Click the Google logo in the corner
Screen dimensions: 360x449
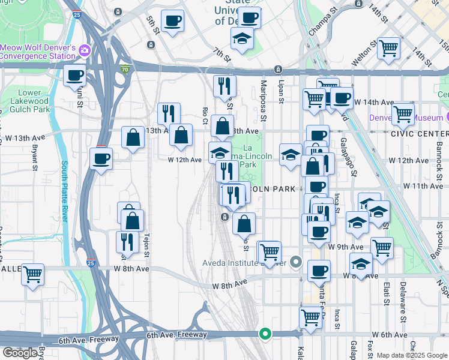click(20, 353)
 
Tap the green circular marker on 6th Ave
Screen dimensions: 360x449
click(264, 334)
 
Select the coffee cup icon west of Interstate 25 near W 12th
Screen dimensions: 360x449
click(101, 159)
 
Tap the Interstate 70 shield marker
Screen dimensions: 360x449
click(125, 69)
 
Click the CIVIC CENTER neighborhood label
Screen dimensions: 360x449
click(424, 134)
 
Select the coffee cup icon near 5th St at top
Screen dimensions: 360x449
click(172, 21)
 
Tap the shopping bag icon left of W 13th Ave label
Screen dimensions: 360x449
click(133, 137)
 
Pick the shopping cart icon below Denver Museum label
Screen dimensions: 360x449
click(402, 113)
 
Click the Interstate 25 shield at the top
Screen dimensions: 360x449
click(76, 13)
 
